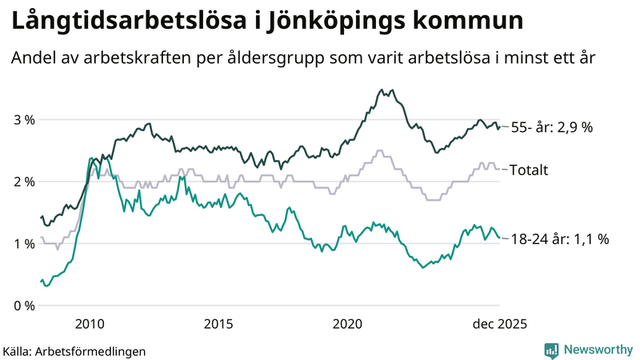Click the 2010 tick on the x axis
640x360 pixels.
89,323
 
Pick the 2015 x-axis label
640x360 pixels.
218,323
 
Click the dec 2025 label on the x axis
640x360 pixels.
499,323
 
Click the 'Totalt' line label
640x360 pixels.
529,170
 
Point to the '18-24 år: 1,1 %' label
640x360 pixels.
559,238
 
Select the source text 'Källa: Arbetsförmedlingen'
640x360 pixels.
74,350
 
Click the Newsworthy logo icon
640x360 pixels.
551,350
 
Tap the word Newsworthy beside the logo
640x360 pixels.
597,350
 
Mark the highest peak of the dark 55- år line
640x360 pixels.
382,90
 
